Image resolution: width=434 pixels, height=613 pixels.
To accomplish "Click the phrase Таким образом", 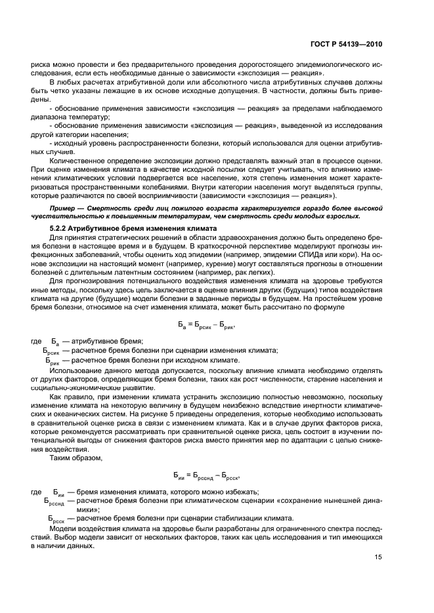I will click(x=72, y=458).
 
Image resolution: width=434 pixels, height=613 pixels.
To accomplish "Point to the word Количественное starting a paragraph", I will click(x=80, y=159).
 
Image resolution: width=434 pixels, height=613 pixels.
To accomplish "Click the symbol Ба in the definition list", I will click(x=54, y=342).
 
